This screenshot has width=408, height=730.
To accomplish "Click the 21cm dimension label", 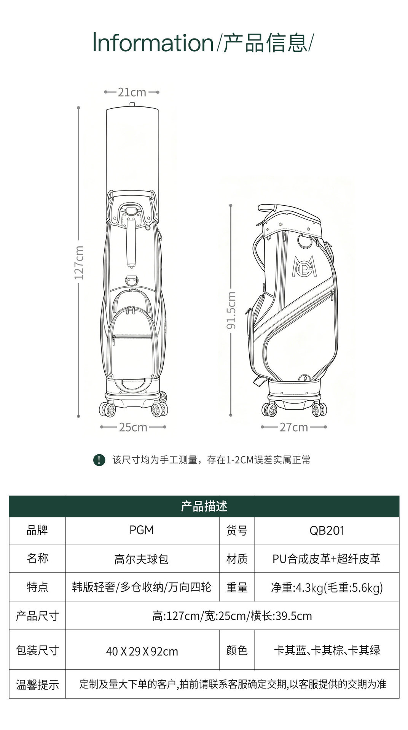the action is tap(132, 92).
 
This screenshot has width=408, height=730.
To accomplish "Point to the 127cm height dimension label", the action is tap(79, 263).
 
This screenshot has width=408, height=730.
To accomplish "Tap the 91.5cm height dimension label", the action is tap(231, 310).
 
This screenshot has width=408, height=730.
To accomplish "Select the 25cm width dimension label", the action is tap(133, 427).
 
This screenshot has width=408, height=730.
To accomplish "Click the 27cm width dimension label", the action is tap(293, 427).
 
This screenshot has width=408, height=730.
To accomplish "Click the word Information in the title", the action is tap(153, 43).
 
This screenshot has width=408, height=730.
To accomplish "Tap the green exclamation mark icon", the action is tap(99, 460).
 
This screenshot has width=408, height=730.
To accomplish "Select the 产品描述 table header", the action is tap(204, 506).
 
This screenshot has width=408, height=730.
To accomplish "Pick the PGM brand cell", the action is tap(142, 530).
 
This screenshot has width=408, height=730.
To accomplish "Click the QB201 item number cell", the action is tap(327, 530).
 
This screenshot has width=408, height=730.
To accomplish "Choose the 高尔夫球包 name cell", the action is tap(141, 559).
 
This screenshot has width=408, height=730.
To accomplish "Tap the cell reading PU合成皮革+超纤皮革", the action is tap(327, 559).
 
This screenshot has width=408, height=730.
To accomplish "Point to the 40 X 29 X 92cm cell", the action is tap(142, 651).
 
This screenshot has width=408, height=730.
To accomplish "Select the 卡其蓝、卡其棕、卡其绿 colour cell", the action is tap(327, 650).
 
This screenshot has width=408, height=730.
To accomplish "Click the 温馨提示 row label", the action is tap(37, 685).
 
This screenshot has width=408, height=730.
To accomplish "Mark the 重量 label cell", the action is tap(237, 587).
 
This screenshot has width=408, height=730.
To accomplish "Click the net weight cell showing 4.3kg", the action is tap(327, 588).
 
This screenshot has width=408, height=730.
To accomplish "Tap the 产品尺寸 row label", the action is tap(37, 616).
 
